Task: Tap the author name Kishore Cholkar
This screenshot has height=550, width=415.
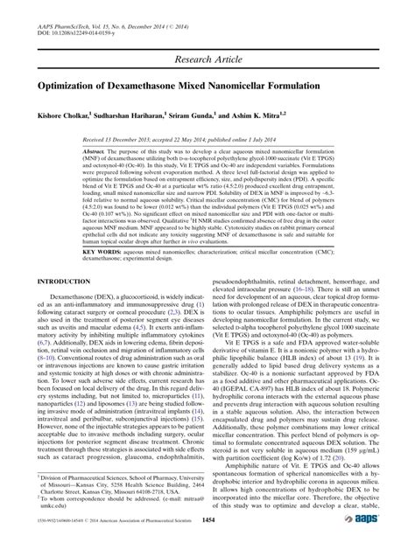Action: [x=64, y=116]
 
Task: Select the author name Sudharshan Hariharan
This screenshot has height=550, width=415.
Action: [x=140, y=116]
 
